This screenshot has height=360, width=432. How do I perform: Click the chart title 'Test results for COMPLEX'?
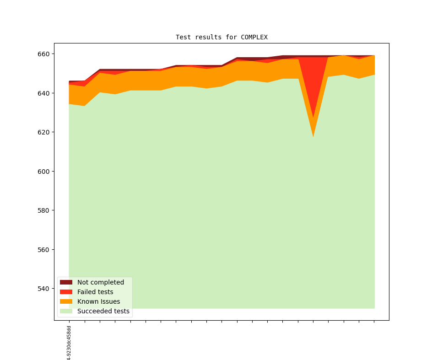pos(221,37)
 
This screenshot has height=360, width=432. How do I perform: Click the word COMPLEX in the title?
pos(254,37)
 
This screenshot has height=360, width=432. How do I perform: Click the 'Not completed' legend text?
pos(101,282)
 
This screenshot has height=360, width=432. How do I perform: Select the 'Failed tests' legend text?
pos(95,292)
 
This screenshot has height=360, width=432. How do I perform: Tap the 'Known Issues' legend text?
pos(98,301)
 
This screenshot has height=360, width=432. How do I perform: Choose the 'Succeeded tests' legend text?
pos(103,311)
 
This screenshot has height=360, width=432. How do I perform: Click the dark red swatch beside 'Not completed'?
pos(66,282)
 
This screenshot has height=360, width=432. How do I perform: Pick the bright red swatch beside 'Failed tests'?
pos(66,292)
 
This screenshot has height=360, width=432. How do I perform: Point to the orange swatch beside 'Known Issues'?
pos(66,301)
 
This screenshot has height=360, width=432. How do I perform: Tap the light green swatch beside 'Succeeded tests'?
pos(66,311)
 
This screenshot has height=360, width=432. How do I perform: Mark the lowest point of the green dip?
pos(313,136)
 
